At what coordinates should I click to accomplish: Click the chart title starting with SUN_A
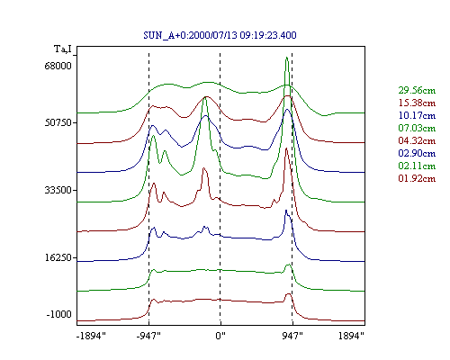pos(220,35)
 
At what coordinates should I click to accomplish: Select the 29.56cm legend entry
pos(417,90)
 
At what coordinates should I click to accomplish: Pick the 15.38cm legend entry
pos(417,103)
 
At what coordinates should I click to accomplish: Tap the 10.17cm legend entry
pos(417,115)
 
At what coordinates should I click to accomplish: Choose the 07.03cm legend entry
pos(417,128)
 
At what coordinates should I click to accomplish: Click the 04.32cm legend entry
pos(417,140)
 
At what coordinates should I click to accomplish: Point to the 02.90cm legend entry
pos(417,153)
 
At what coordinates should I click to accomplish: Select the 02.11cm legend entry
pos(417,166)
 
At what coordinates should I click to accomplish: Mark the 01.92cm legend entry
pos(417,178)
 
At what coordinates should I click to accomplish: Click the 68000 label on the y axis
pos(58,66)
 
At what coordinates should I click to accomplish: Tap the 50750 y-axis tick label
pos(58,122)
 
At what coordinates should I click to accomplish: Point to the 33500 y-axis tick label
pos(58,190)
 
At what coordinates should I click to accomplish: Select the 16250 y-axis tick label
pos(58,257)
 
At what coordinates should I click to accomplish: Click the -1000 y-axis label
pos(58,314)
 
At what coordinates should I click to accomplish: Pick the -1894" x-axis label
pos(92,336)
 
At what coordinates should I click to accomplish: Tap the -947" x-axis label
pos(148,336)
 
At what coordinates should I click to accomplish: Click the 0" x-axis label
pos(220,336)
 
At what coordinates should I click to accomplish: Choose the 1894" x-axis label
pos(351,336)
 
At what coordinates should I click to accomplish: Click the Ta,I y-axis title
pos(63,49)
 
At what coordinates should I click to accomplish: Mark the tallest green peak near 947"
pos(287,58)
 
